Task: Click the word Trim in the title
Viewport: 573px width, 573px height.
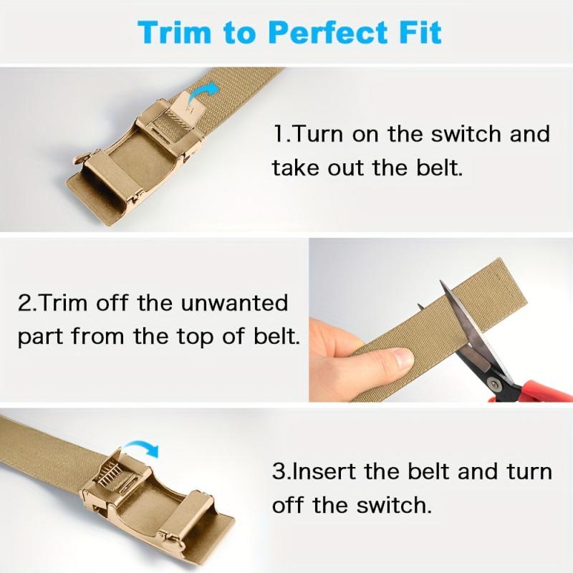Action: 174,32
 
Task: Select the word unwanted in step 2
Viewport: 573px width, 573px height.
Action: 234,303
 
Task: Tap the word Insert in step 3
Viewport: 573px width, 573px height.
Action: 324,471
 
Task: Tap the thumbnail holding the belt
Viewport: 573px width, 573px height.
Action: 403,357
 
